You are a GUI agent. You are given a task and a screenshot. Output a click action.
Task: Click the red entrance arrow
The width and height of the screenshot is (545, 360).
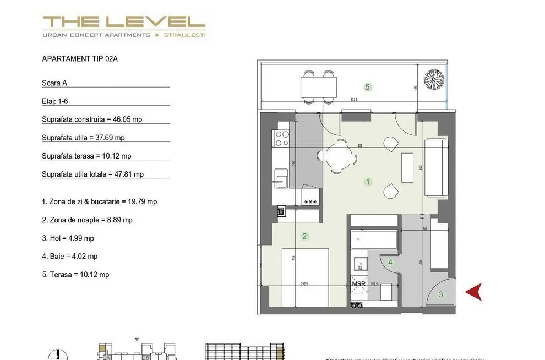point(474,292)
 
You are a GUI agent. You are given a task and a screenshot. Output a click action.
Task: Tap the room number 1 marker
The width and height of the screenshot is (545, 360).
point(368,182)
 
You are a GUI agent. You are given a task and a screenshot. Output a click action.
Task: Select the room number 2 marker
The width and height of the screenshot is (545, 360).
point(304,237)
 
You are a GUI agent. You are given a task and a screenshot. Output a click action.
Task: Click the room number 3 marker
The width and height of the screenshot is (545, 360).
point(440,294)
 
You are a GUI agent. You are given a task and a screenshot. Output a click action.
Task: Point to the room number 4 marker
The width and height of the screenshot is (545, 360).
point(390,263)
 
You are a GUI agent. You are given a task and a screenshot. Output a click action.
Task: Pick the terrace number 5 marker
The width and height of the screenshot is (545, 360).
point(368,87)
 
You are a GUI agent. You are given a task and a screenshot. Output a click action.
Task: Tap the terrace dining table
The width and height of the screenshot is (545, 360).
point(318,86)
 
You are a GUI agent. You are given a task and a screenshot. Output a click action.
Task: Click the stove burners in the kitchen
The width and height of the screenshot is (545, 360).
point(281,138)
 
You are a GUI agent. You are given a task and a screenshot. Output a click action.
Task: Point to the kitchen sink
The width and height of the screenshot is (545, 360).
point(281,180)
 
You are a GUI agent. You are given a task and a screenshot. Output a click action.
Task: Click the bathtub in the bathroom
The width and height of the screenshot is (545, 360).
point(374,239)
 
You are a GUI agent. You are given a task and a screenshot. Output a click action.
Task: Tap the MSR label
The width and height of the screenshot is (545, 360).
point(358,284)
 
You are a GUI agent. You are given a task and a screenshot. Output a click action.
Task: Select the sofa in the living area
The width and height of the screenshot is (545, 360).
point(435,168)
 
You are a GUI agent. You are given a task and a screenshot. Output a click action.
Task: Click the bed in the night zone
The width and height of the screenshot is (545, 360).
point(306,277)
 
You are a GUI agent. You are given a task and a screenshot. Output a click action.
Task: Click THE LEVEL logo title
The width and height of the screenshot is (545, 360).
point(124,22)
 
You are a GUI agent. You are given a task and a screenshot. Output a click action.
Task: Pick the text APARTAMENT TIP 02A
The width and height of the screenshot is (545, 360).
point(80,59)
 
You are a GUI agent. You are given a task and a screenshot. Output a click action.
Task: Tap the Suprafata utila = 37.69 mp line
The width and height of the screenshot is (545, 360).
point(83,138)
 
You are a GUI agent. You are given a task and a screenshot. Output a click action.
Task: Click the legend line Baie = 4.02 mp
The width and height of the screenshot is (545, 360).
point(70,256)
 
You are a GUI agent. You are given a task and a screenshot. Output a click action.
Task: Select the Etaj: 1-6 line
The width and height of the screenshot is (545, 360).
point(55,101)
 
